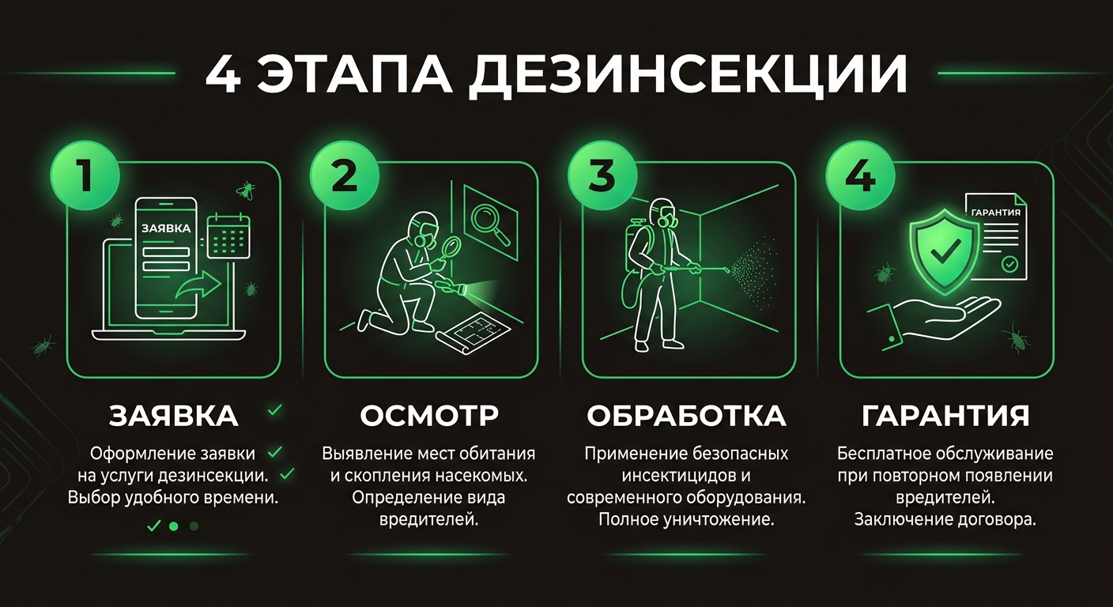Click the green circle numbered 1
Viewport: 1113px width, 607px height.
pyautogui.click(x=85, y=176)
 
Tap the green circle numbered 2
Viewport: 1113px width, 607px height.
pyautogui.click(x=344, y=176)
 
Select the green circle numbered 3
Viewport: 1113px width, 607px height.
pyautogui.click(x=602, y=176)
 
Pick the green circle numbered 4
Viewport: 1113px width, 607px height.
pyautogui.click(x=860, y=176)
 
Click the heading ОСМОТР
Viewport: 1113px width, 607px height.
pyautogui.click(x=429, y=416)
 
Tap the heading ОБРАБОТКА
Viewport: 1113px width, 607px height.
pyautogui.click(x=686, y=416)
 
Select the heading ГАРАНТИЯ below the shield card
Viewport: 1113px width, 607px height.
pyautogui.click(x=945, y=416)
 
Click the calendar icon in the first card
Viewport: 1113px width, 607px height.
pyautogui.click(x=228, y=237)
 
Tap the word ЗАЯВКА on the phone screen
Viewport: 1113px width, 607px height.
pyautogui.click(x=165, y=228)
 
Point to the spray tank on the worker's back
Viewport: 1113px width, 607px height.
pyautogui.click(x=636, y=245)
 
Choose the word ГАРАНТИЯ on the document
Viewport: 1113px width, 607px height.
pyautogui.click(x=994, y=213)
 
